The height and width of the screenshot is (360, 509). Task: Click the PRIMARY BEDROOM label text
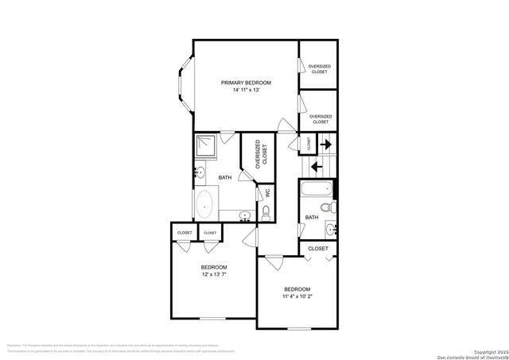(247, 83)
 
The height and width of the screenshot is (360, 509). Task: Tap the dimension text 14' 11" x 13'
(247, 91)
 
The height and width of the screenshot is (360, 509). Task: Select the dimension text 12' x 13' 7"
(214, 274)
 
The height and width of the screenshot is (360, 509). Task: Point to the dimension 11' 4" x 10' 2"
(297, 296)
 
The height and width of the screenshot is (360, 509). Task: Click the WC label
(267, 192)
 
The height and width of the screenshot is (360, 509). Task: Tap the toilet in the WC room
(266, 211)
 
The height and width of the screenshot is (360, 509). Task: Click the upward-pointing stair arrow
(326, 144)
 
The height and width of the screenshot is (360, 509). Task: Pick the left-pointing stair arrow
(315, 166)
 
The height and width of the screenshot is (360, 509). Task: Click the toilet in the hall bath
(334, 209)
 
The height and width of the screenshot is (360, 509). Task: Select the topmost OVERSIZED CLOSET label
(320, 68)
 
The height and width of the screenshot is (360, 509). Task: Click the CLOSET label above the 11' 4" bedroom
(318, 249)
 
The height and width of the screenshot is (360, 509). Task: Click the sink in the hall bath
(331, 230)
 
